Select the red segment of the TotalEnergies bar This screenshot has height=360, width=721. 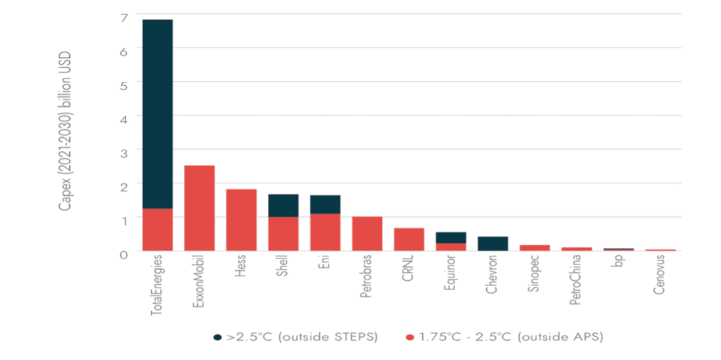pos(158,229)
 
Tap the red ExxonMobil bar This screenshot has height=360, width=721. pos(199,208)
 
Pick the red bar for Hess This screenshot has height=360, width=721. pos(241,220)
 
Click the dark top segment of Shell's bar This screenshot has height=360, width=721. pos(283,205)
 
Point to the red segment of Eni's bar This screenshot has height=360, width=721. pos(325,232)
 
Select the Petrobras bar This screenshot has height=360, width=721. pos(367,233)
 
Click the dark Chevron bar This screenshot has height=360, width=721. pos(493,243)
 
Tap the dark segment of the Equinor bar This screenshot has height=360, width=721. pos(451,237)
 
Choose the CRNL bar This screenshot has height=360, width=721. pos(408,239)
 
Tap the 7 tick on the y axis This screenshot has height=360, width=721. pos(123,15)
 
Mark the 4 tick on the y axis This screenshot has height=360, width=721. pos(123,116)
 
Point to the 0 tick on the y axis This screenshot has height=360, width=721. pos(123,251)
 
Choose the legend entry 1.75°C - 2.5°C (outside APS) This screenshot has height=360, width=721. pos(505,338)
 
